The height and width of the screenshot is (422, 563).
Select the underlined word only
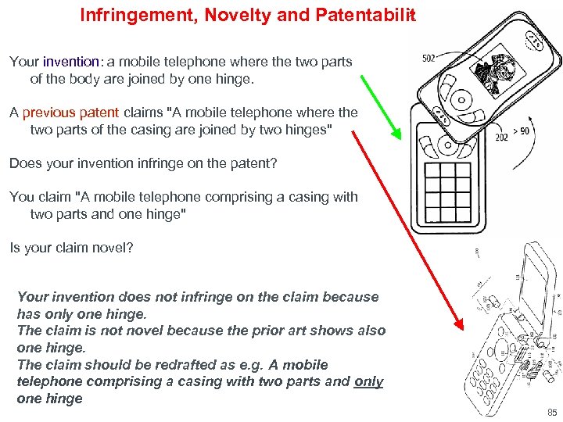click(368, 381)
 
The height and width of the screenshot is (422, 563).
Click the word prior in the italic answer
click(252, 331)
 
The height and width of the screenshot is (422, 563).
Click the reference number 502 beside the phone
click(429, 58)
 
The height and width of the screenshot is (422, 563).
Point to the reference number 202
click(501, 137)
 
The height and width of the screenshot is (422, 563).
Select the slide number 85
click(552, 413)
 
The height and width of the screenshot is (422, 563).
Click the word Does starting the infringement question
click(24, 163)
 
